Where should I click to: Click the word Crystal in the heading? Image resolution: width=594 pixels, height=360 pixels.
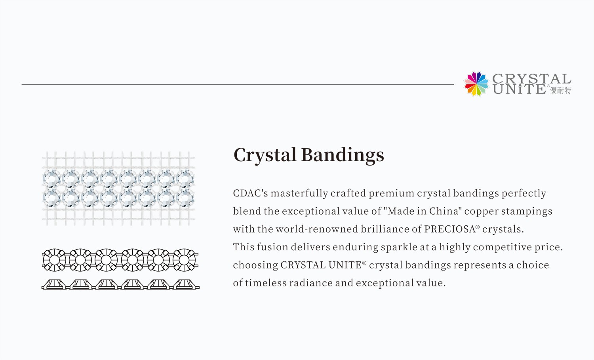265,155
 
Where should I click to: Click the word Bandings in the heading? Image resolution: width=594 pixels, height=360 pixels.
343,155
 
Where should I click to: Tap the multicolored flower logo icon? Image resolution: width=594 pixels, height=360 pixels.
476,84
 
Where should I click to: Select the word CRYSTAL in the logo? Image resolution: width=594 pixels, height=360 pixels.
531,78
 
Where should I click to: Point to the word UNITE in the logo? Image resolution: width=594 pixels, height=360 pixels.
520,90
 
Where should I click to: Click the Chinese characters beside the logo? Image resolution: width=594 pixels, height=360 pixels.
561,91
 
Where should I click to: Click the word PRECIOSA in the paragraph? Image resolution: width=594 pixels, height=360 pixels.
450,229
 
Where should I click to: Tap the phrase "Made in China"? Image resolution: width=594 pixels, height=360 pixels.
423,211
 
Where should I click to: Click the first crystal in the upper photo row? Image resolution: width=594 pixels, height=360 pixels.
51,178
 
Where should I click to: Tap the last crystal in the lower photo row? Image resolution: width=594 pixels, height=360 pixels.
185,198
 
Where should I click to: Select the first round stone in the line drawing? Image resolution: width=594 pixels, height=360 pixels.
54,260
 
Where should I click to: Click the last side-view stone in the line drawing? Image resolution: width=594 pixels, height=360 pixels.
184,284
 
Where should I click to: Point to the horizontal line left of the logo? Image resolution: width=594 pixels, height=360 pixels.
238,84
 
